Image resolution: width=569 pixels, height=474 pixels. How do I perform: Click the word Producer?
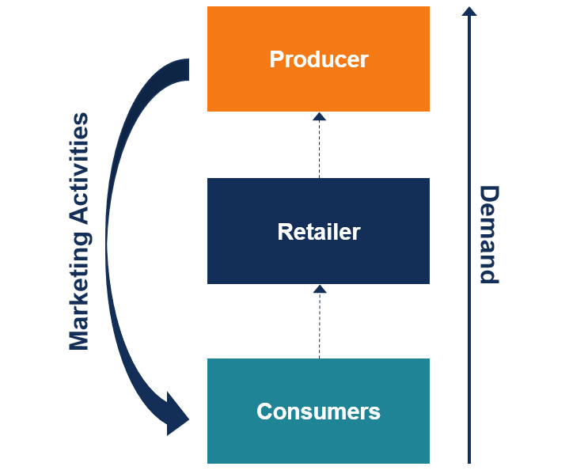(x=318, y=59)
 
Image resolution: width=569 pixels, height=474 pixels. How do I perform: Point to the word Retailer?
(x=318, y=232)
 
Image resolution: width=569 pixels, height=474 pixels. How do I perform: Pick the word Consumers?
(x=318, y=411)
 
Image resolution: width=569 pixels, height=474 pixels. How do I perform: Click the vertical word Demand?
(x=490, y=234)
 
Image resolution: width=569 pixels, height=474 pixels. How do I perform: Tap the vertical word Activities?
(x=78, y=169)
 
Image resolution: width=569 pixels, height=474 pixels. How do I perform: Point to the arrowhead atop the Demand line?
(x=469, y=11)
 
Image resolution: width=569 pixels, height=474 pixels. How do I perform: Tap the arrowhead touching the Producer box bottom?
(x=319, y=116)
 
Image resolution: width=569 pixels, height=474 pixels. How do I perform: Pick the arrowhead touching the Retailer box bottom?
(x=319, y=289)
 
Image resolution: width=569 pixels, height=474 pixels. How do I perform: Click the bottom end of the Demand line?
(x=469, y=461)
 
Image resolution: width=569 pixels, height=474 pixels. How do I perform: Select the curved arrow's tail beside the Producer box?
(x=184, y=70)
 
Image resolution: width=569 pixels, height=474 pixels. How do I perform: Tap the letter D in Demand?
(x=490, y=194)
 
